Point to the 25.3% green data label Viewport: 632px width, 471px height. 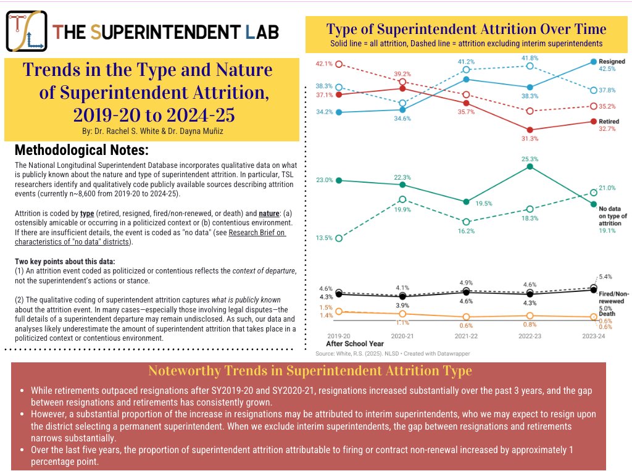click(x=528, y=159)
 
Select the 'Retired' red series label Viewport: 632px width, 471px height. click(x=609, y=122)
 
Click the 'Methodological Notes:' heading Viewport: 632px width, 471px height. click(x=80, y=151)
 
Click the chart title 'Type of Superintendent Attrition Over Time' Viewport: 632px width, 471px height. click(x=466, y=29)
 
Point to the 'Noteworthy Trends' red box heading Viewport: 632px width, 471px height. click(x=310, y=371)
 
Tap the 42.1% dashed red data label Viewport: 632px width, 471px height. click(x=325, y=64)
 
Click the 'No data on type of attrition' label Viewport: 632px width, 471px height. click(x=612, y=215)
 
